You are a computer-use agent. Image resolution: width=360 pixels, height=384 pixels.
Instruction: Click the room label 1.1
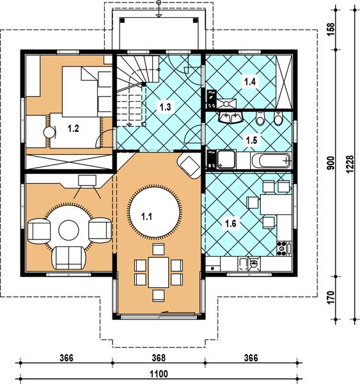point(147,216)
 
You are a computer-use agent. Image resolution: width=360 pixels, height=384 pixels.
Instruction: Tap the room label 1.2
point(74,129)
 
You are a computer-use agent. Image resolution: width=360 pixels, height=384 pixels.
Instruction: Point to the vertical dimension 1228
point(349,167)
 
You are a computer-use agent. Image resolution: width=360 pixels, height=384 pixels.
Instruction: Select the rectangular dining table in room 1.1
point(157,271)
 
